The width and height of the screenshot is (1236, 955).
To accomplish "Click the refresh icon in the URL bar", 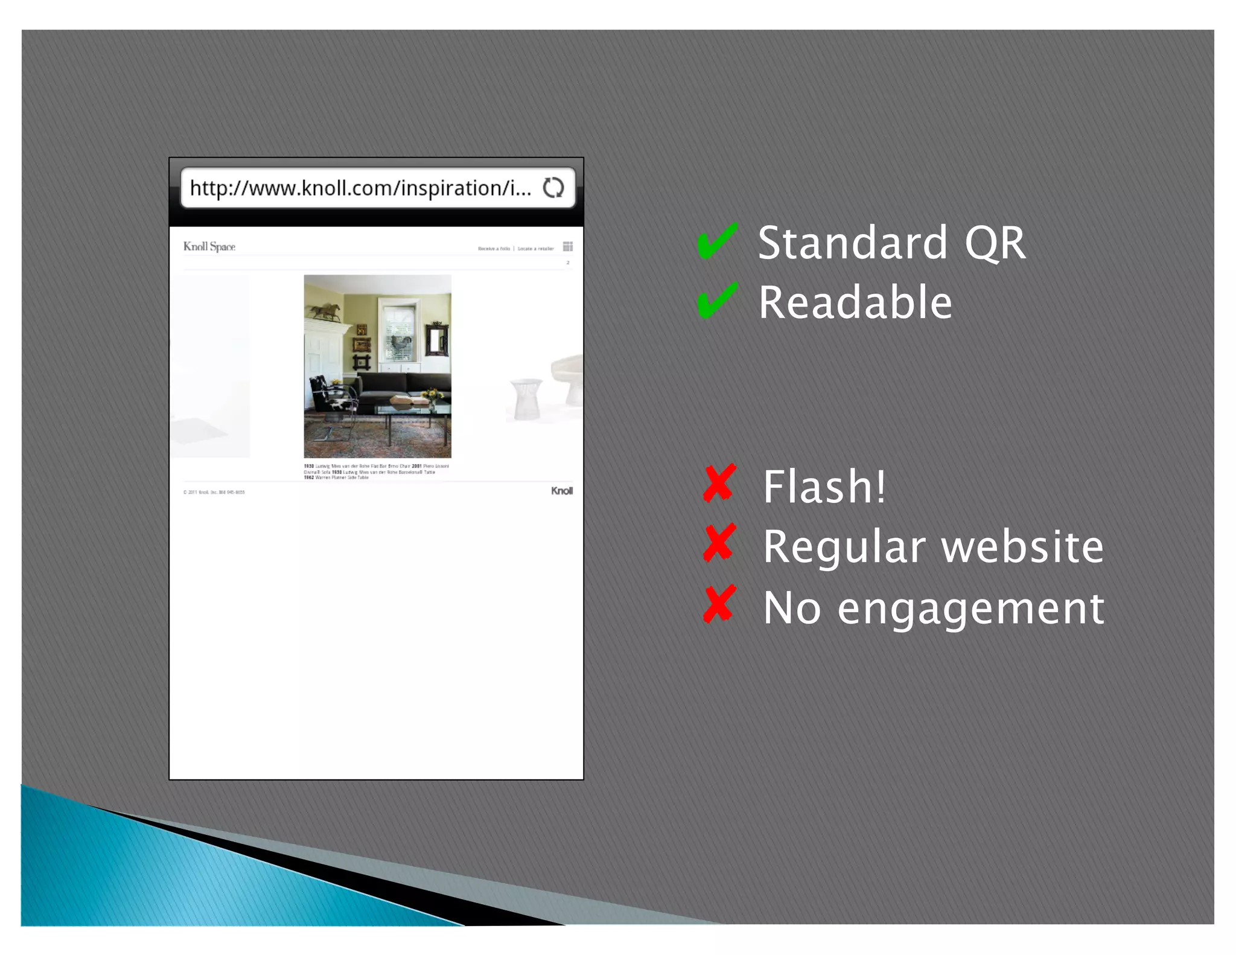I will tap(553, 188).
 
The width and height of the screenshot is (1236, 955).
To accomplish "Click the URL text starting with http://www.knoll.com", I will tap(360, 188).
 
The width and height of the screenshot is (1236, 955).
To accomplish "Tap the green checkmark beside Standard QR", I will tap(716, 241).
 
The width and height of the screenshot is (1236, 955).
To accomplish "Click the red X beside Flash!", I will tap(719, 484).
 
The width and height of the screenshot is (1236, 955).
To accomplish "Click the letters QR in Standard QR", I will tap(995, 243).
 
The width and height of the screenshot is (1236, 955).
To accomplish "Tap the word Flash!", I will tap(824, 486).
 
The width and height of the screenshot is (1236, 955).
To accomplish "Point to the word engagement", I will tap(970, 608).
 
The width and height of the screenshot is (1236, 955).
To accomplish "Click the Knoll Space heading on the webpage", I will tap(209, 246).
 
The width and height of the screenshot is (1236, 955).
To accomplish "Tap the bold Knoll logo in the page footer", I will tap(561, 491).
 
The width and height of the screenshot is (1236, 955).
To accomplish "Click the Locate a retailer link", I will tap(535, 249).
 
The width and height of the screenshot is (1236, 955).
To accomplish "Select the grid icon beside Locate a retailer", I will tap(568, 246).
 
